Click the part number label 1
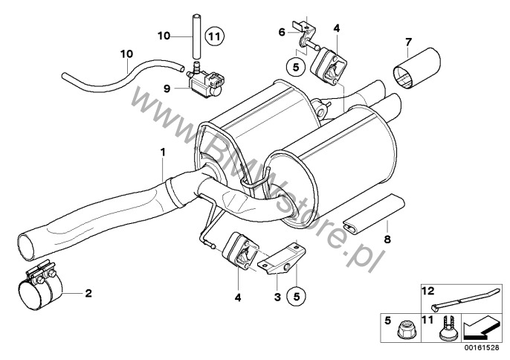[163, 152]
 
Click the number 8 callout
[386, 240]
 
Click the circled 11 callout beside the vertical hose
[214, 35]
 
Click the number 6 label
[281, 32]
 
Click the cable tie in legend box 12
[454, 302]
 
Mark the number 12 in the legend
[427, 290]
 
